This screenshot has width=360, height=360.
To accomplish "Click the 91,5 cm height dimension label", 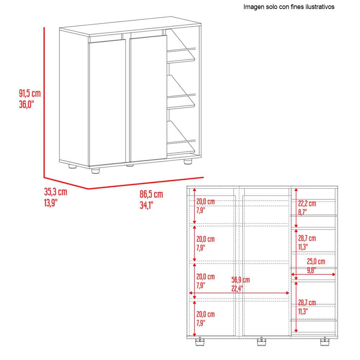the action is click(x=30, y=94).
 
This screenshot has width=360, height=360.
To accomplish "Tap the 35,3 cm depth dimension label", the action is click(x=55, y=192).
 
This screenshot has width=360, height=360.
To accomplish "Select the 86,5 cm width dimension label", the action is click(x=151, y=194).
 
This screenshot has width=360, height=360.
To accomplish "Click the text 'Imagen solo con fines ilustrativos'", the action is click(x=289, y=7).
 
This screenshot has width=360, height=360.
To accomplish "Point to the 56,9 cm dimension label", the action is click(x=240, y=280).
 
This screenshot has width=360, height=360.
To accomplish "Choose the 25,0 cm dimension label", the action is click(x=316, y=261).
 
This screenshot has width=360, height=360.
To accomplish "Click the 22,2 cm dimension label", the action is click(x=307, y=203).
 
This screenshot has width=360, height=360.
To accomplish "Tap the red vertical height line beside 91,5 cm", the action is click(x=44, y=102).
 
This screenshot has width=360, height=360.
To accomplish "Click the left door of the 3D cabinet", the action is click(x=107, y=102).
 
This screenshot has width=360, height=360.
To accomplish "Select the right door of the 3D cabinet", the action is click(x=148, y=98).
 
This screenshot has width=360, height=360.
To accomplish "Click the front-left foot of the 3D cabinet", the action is click(x=95, y=171).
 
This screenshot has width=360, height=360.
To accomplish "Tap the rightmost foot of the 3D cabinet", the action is click(x=188, y=161).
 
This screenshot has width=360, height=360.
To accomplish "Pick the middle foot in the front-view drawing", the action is click(x=261, y=341).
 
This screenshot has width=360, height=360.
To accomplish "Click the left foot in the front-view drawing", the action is click(x=200, y=341).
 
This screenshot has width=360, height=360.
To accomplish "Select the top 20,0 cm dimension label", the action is click(x=206, y=202).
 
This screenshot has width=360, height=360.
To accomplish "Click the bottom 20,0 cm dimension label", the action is click(x=206, y=314).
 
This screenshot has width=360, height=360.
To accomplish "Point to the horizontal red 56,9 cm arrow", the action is click(x=239, y=293).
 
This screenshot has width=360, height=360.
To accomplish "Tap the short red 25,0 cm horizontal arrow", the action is click(x=313, y=274).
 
